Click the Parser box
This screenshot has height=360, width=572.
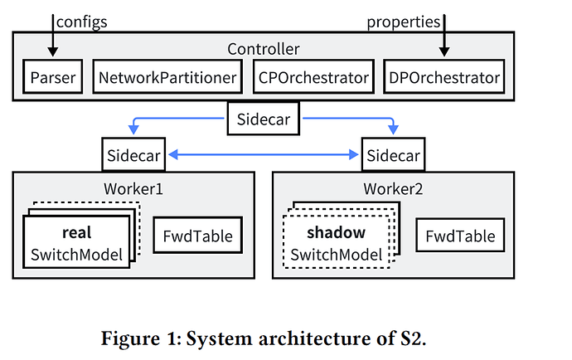[x=52, y=79]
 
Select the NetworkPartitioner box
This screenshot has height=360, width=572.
[x=167, y=79]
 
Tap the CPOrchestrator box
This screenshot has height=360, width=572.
[x=313, y=79]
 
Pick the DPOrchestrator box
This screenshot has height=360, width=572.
[x=444, y=79]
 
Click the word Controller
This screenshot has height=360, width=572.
[x=263, y=49]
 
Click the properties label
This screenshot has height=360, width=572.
[x=403, y=22]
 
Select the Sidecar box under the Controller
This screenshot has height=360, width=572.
[x=263, y=120]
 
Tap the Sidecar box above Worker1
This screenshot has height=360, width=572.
[x=134, y=155]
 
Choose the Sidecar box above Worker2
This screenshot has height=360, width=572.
[x=392, y=155]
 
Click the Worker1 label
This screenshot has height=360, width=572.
[x=133, y=188]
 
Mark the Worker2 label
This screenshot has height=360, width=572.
[x=392, y=188]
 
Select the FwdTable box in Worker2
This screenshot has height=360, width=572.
[x=461, y=237]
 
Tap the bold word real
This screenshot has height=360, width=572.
[x=76, y=234]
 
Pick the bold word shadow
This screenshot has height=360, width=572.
[x=336, y=234]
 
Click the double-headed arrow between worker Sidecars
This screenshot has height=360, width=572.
[x=263, y=155]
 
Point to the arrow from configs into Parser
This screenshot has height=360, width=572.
[x=53, y=37]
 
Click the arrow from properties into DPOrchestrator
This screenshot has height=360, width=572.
[x=444, y=37]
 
